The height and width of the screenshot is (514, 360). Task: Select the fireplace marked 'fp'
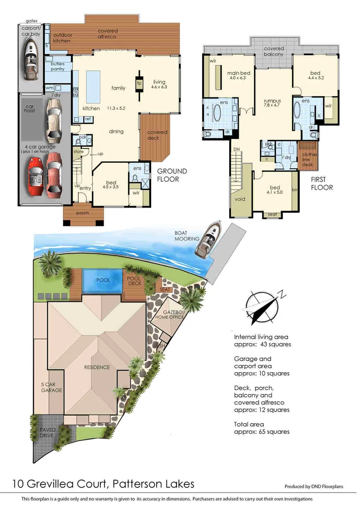tap(139, 83)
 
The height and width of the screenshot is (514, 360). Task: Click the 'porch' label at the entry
tap(83, 213)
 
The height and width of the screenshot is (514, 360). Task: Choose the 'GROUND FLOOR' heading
tap(172, 175)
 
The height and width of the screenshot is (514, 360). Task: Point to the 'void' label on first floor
tap(240, 199)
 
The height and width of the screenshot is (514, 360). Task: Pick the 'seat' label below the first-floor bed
tap(272, 214)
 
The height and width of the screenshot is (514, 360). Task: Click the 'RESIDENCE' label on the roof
tap(97, 367)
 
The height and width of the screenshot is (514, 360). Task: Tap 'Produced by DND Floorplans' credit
tap(313, 486)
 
